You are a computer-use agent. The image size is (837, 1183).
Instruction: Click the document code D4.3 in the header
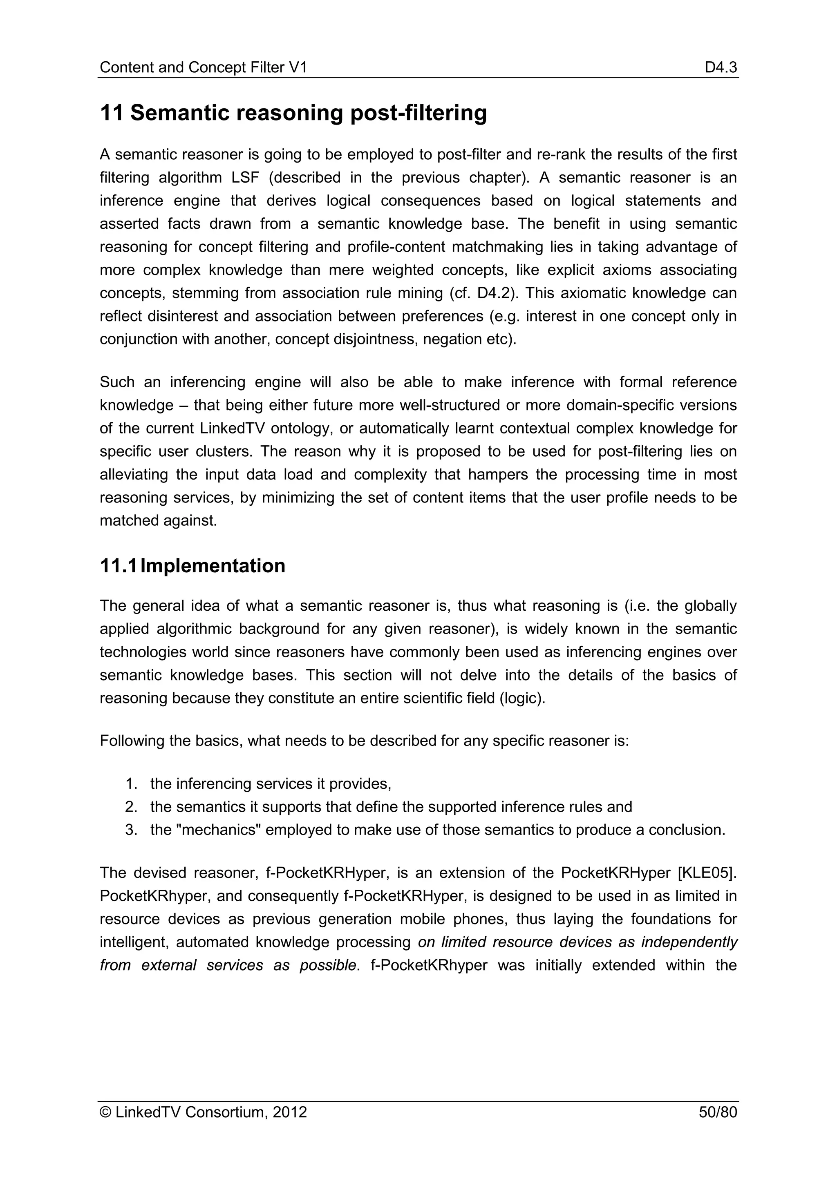pos(721,67)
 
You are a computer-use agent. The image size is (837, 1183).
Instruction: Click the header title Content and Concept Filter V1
pos(203,67)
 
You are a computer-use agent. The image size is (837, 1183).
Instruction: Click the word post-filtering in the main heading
pos(418,113)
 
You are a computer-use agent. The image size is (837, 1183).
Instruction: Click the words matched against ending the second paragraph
pos(158,521)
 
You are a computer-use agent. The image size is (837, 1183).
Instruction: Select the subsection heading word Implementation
pos(213,566)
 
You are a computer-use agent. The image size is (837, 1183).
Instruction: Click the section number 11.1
pos(118,566)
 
